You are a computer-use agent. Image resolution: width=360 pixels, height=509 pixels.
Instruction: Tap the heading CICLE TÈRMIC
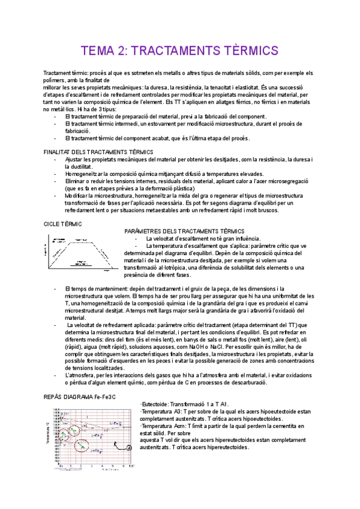click(x=63, y=223)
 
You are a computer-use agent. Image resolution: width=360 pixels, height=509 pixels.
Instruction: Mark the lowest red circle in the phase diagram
click(x=80, y=446)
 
